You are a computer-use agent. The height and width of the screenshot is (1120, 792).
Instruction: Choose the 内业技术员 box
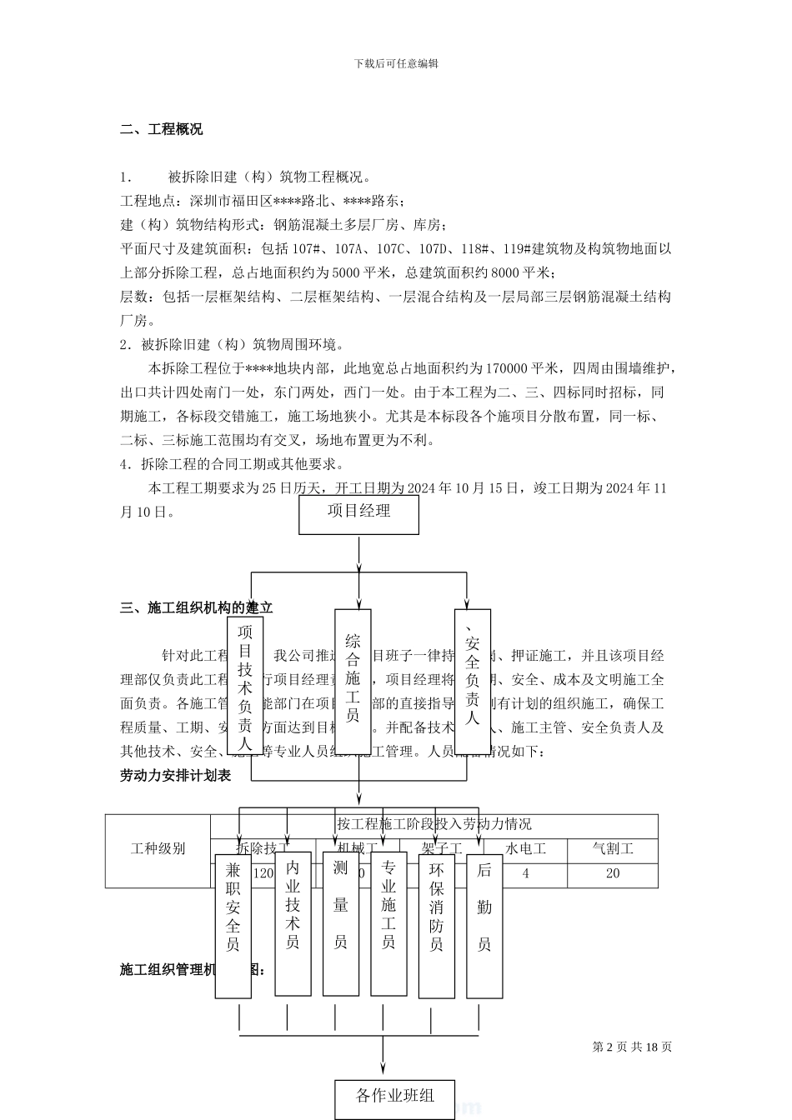point(293,923)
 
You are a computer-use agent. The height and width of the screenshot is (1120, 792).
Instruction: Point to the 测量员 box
point(340,923)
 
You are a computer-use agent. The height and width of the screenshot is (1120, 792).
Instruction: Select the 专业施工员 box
point(388,923)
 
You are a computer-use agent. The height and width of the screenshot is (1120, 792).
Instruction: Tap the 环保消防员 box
point(436,925)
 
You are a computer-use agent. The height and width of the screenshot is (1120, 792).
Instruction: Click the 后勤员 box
point(484,925)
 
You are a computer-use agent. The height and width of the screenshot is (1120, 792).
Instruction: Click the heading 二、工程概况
point(162,129)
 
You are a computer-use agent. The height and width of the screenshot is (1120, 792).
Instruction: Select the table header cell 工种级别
point(158,850)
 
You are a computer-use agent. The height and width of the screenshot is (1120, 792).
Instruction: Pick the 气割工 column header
point(613,850)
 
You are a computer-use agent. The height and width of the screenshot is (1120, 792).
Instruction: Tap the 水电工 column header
point(526,850)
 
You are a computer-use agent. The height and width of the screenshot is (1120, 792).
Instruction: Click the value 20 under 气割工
point(613,874)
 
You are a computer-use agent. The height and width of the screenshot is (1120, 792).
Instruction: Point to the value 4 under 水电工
point(525,874)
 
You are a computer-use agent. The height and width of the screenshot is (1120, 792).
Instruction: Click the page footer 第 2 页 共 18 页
point(632,1047)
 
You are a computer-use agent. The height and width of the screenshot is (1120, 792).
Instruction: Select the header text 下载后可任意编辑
point(396,63)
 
